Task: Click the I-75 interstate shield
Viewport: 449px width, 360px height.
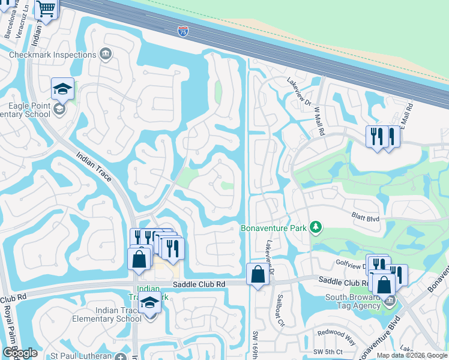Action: (x=182, y=31)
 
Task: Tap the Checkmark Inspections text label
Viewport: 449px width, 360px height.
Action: (x=52, y=55)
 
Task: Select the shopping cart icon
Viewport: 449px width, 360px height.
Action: (x=46, y=8)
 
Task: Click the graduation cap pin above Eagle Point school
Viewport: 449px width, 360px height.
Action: (x=62, y=89)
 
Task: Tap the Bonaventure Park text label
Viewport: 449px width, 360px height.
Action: (x=274, y=228)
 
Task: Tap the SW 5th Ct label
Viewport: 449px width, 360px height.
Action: (x=327, y=352)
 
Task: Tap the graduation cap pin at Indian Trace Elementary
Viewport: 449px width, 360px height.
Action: (x=149, y=303)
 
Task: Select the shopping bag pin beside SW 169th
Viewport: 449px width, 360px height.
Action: (x=258, y=275)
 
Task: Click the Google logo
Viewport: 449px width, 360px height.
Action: (x=20, y=353)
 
